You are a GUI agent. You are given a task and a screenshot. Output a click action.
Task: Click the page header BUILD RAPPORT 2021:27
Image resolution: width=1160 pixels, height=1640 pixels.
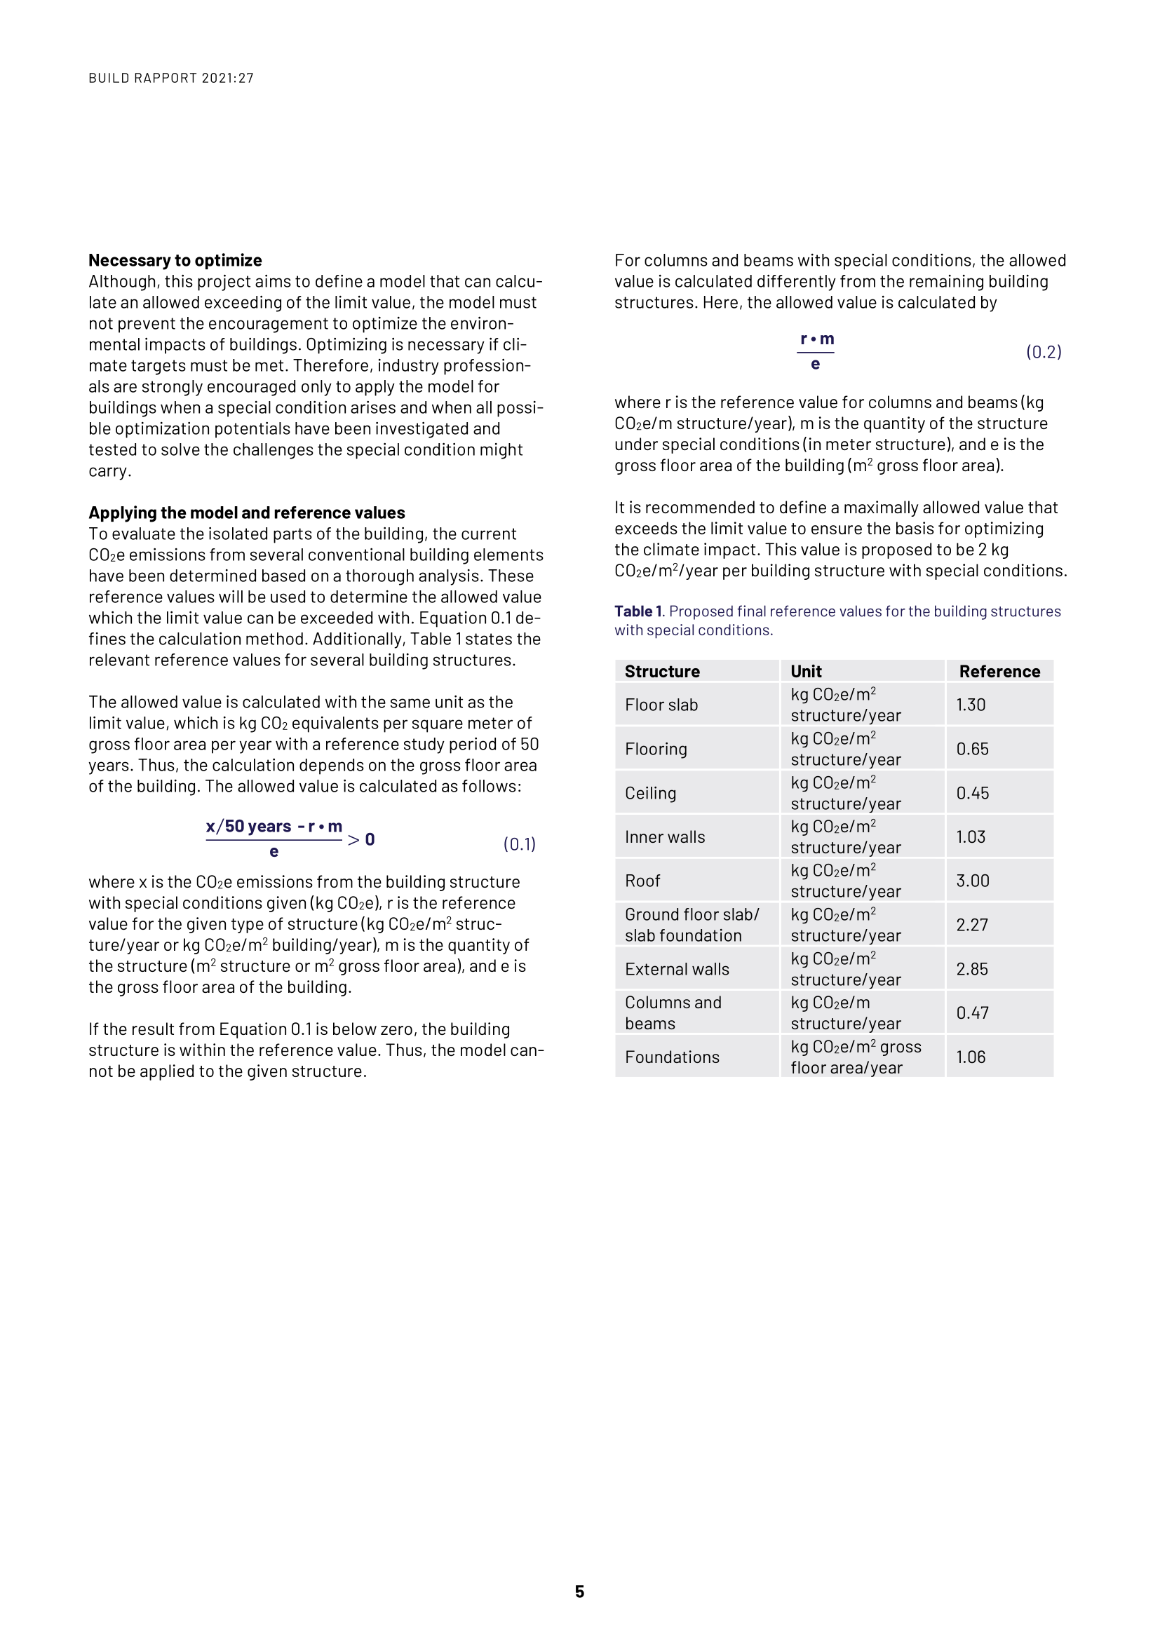[170, 78]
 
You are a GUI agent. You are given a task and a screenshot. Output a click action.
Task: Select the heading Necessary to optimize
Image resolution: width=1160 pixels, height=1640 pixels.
[175, 260]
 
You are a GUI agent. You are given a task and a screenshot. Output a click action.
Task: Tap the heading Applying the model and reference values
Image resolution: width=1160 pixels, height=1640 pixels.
[246, 513]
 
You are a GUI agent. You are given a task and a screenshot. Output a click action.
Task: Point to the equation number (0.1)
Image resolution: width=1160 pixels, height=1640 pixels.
[519, 844]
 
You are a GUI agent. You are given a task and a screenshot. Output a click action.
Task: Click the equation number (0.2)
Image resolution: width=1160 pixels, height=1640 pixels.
[1044, 352]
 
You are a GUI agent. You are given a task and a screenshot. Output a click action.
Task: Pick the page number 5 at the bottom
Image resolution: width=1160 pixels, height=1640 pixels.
[579, 1592]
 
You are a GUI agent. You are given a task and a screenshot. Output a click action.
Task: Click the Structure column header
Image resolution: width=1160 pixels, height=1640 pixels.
[662, 672]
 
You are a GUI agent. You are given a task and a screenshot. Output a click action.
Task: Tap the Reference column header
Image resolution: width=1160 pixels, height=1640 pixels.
[999, 672]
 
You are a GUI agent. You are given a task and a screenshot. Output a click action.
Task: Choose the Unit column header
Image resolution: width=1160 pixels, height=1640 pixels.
[806, 672]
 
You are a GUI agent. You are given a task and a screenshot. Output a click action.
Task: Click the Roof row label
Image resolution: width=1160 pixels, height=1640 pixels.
[642, 881]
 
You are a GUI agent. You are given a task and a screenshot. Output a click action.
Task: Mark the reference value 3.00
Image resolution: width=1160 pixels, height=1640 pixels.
[972, 881]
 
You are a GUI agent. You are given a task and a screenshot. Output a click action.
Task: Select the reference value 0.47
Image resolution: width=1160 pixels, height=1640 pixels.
[972, 1013]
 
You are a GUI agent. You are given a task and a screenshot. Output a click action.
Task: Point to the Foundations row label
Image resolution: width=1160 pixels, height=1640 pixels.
[672, 1057]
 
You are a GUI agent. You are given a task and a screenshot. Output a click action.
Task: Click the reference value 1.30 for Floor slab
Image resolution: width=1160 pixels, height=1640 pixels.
[971, 705]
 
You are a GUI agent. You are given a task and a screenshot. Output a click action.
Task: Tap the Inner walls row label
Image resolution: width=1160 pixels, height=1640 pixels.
[664, 837]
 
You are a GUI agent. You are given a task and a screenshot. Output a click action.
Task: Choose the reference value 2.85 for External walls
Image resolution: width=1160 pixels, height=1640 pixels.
[972, 969]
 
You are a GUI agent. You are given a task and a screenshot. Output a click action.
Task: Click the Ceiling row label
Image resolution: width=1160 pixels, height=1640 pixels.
[650, 793]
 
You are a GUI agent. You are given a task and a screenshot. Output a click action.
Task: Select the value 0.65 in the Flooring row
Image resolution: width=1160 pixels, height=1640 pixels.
[972, 750]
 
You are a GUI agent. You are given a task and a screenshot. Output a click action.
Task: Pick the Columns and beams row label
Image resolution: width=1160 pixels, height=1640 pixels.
[673, 1013]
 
